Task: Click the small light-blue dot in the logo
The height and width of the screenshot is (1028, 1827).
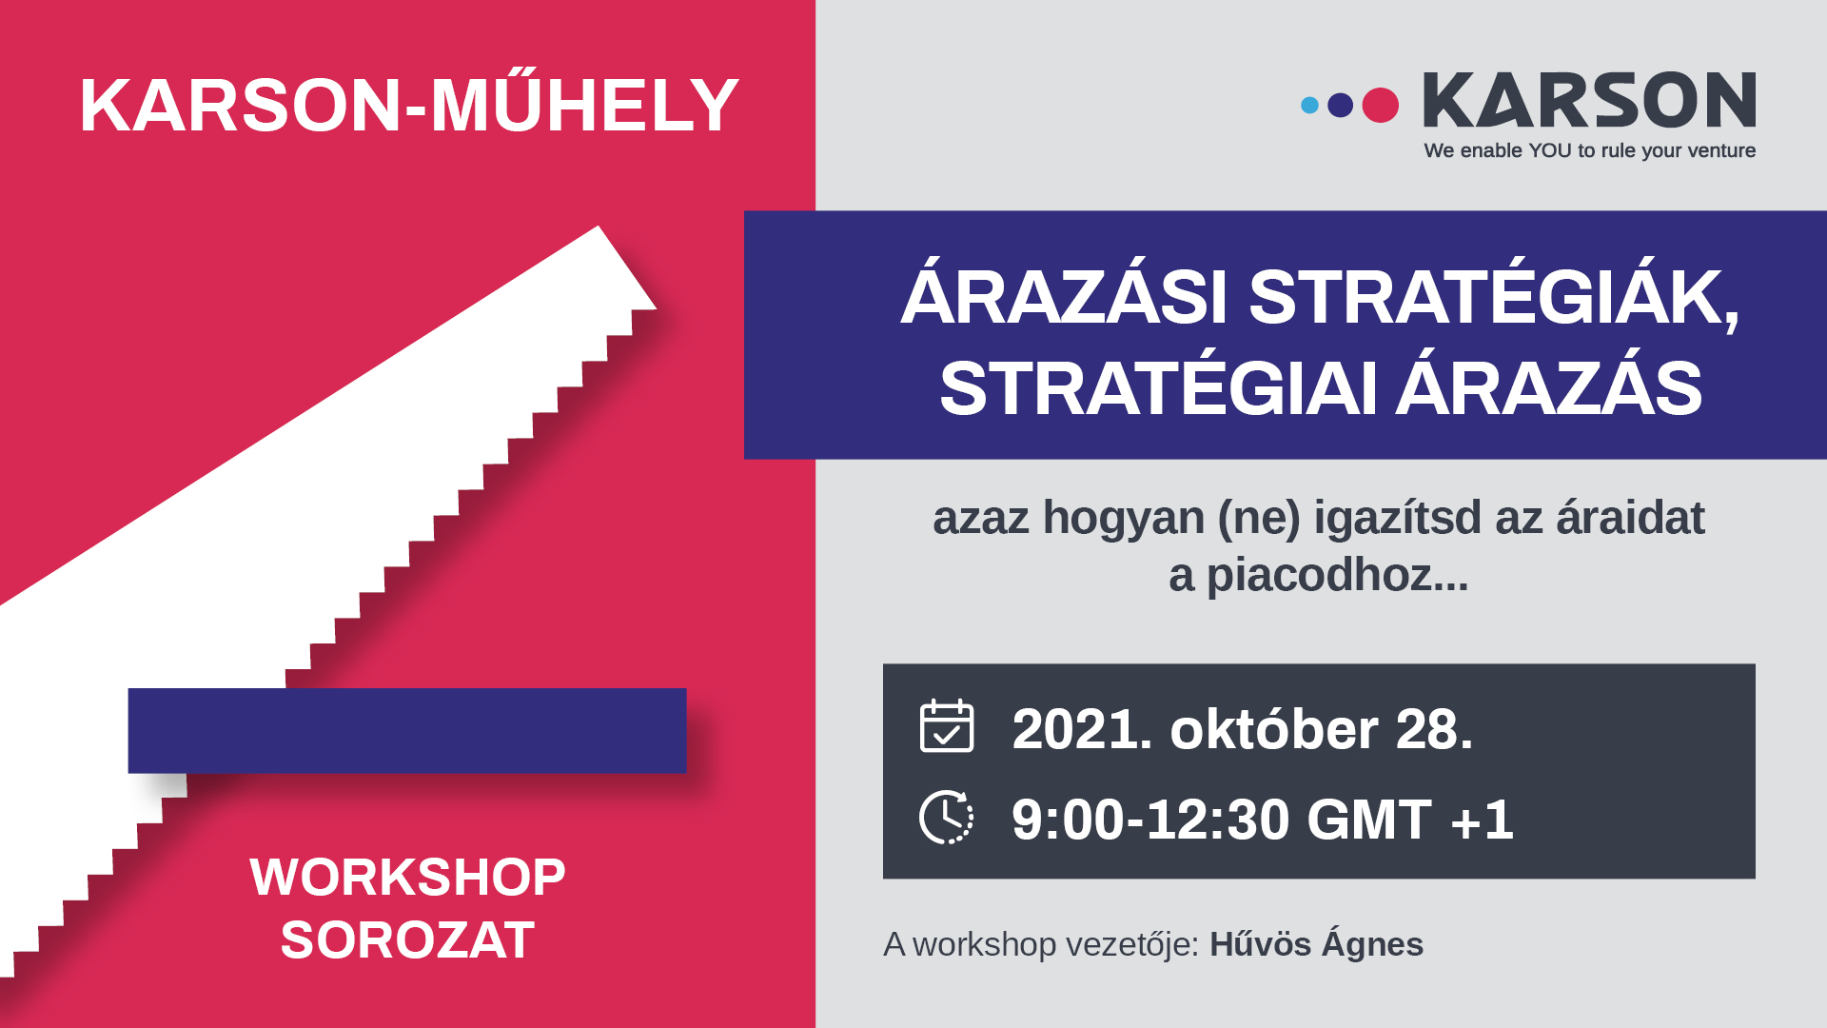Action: (1309, 105)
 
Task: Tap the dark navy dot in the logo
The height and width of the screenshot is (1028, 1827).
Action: (1340, 105)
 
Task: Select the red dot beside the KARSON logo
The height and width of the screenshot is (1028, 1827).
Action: (1380, 105)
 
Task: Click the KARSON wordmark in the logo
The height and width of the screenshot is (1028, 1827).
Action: (1589, 100)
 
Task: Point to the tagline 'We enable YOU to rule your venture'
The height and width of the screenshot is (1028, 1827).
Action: (1589, 150)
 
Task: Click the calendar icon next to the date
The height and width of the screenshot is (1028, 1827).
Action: (947, 725)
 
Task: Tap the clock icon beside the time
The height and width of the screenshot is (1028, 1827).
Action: (947, 817)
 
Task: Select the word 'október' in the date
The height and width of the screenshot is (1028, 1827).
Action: (1274, 730)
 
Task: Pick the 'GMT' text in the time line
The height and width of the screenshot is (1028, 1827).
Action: (1368, 820)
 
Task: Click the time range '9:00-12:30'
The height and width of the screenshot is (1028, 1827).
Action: (1149, 820)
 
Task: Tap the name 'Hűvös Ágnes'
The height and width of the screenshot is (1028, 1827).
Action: (1316, 944)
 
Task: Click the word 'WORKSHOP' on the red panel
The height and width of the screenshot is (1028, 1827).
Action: (407, 877)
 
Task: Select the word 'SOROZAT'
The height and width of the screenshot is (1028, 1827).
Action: (407, 940)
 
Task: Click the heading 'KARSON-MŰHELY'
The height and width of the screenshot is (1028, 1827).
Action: (409, 105)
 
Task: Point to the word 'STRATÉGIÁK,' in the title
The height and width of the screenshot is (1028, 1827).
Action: (1494, 298)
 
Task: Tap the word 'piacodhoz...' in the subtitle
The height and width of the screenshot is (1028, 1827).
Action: (1337, 576)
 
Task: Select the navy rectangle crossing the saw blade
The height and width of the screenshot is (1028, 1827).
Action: (407, 730)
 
